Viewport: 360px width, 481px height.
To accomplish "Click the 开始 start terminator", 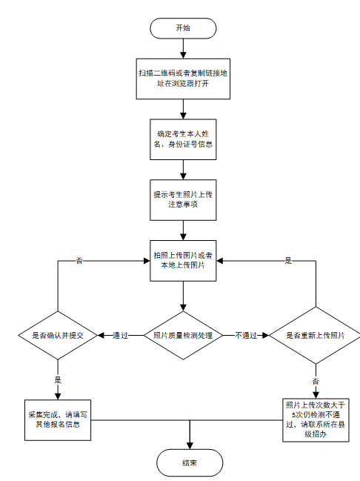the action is point(183,28).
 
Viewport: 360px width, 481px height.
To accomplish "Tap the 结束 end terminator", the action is point(190,462).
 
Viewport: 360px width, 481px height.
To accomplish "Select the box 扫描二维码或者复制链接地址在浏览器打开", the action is point(183,79).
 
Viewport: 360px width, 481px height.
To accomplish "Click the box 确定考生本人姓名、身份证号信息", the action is point(183,139).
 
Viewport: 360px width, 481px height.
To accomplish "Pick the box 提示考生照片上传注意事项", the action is point(183,199).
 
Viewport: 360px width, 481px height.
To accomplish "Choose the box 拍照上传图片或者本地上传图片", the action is point(183,260).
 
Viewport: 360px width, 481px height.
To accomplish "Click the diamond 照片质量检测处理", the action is point(183,335).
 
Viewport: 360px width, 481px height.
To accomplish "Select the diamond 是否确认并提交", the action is point(58,335).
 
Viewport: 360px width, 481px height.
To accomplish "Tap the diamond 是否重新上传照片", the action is point(316,335).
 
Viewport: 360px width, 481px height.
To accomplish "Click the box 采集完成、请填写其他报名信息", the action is point(58,420).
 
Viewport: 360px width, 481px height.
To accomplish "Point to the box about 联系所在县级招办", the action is point(316,420).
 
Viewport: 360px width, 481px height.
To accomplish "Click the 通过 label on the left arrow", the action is point(120,335).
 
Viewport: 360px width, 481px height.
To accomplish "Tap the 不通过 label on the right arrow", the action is point(246,335).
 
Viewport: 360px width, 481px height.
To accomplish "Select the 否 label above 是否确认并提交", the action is point(79,261).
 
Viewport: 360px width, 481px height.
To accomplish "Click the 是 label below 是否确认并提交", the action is point(58,379).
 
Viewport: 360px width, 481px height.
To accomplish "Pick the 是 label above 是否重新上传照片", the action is point(288,261).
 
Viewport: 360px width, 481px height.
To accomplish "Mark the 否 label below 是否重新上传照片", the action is point(316,381).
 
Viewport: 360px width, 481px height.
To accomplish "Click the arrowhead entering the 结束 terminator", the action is point(190,445).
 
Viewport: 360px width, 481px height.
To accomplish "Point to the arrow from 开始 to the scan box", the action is point(183,49).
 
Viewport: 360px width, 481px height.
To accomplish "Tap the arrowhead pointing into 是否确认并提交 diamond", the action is point(101,335).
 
